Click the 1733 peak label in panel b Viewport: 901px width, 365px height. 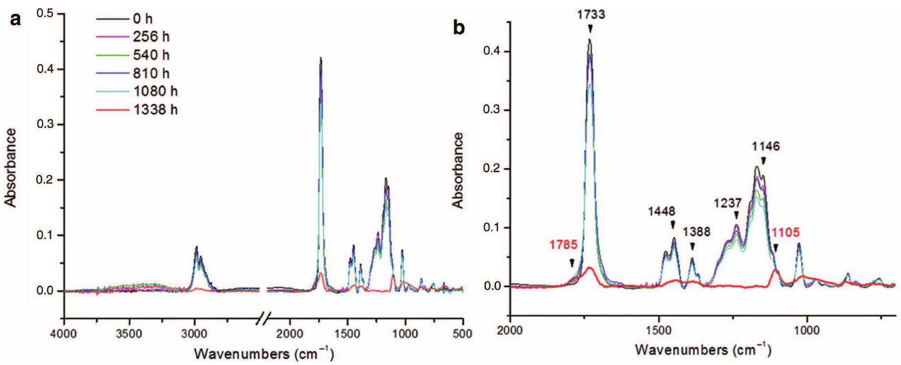point(590,15)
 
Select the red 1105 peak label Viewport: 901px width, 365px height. point(785,232)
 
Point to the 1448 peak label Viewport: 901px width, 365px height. point(661,212)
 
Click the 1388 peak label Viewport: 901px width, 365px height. point(697,231)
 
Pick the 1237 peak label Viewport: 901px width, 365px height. point(728,203)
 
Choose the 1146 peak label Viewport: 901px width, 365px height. point(766,146)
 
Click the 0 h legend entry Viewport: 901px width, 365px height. point(143,19)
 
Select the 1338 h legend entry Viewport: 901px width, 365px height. point(155,110)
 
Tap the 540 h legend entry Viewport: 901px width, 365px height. point(151,55)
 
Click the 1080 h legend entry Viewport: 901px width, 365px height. point(155,92)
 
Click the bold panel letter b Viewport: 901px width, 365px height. point(459,28)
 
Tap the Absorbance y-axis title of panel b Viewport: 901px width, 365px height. point(459,170)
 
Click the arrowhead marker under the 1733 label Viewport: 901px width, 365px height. point(590,29)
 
